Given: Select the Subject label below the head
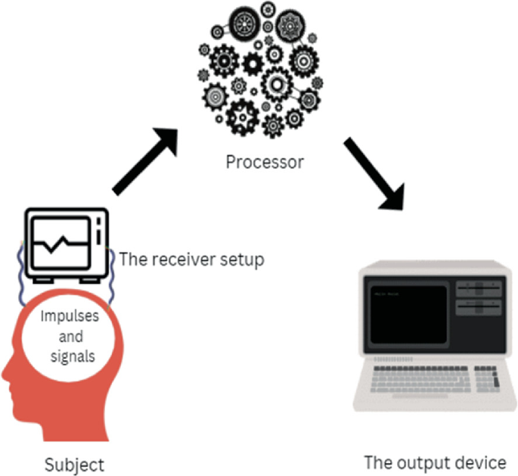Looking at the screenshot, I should point(73,463).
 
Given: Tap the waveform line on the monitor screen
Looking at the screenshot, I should point(60,244).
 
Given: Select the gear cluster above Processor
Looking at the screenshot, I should point(258,72).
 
